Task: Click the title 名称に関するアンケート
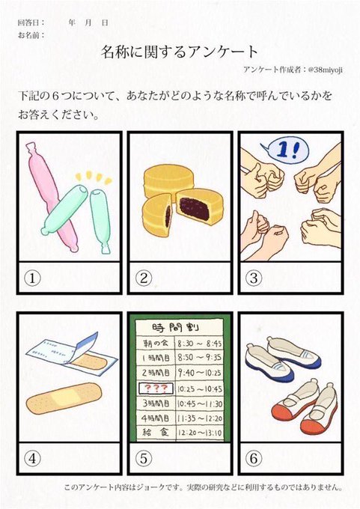pos(180,51)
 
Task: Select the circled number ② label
pos(144,278)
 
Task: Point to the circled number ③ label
pos(254,278)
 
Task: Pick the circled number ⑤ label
pos(144,457)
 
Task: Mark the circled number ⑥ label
pos(254,457)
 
